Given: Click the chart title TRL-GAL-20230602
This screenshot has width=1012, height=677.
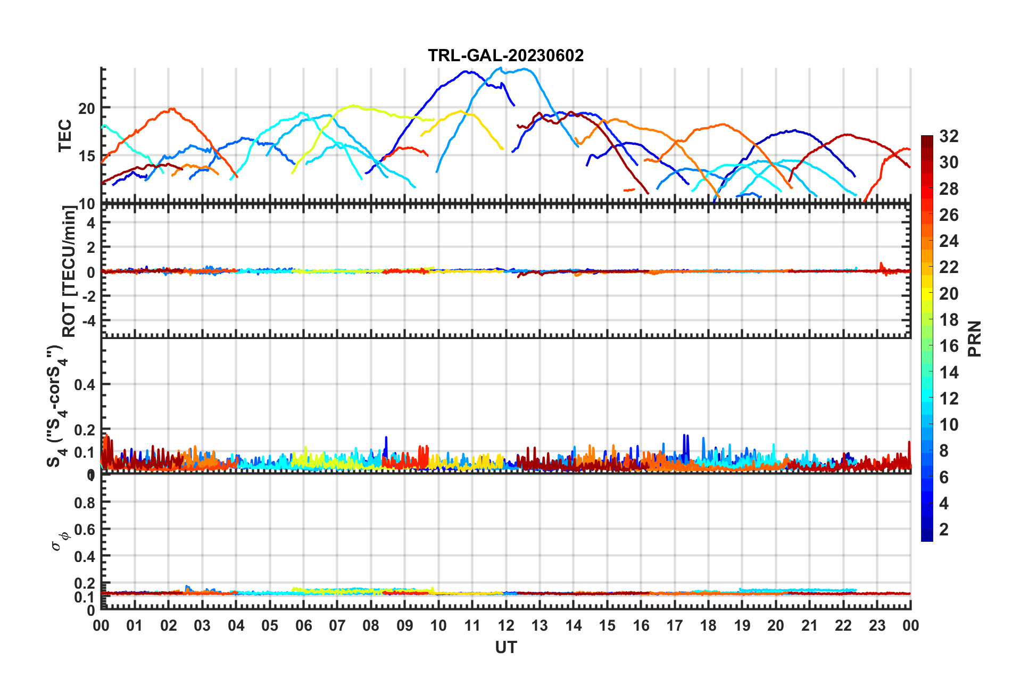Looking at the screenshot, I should [505, 55].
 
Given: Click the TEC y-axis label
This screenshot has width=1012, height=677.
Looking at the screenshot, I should [65, 135].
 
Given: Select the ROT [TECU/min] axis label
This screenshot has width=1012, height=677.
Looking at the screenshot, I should [69, 271].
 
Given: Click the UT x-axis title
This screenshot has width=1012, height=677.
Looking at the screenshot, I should [505, 647].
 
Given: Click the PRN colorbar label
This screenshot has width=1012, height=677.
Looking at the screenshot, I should [975, 338].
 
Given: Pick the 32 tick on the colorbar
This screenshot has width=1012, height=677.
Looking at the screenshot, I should [949, 136].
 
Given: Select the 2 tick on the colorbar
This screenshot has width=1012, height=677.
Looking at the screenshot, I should [944, 529].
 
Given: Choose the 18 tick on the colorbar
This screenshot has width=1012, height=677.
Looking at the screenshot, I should [949, 320].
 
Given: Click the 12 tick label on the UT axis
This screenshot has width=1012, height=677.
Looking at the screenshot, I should [505, 625].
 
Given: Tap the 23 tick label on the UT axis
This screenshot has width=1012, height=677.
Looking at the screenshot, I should [877, 625].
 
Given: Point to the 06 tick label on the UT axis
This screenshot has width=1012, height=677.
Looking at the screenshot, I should [303, 625].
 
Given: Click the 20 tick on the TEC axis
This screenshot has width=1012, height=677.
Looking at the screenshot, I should [87, 108].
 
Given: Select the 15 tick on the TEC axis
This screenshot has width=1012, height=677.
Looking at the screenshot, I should [87, 156].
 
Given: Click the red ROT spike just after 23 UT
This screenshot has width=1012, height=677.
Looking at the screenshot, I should [881, 264].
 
